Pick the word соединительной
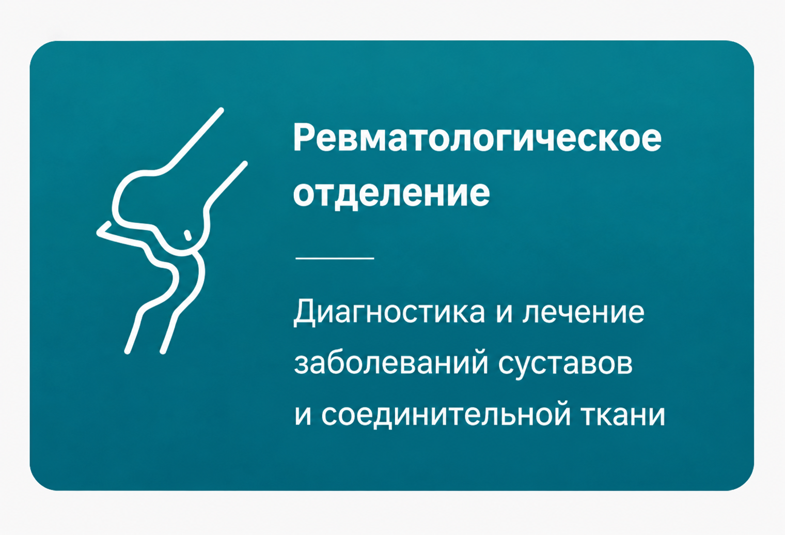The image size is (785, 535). point(446,416)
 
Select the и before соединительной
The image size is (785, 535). point(303,417)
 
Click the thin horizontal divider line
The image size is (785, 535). point(335,258)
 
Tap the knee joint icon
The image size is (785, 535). point(171,231)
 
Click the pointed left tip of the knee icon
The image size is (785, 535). point(98,232)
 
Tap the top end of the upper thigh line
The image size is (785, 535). point(221,110)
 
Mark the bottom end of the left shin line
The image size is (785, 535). point(128,351)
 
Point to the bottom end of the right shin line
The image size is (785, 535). point(163,351)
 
